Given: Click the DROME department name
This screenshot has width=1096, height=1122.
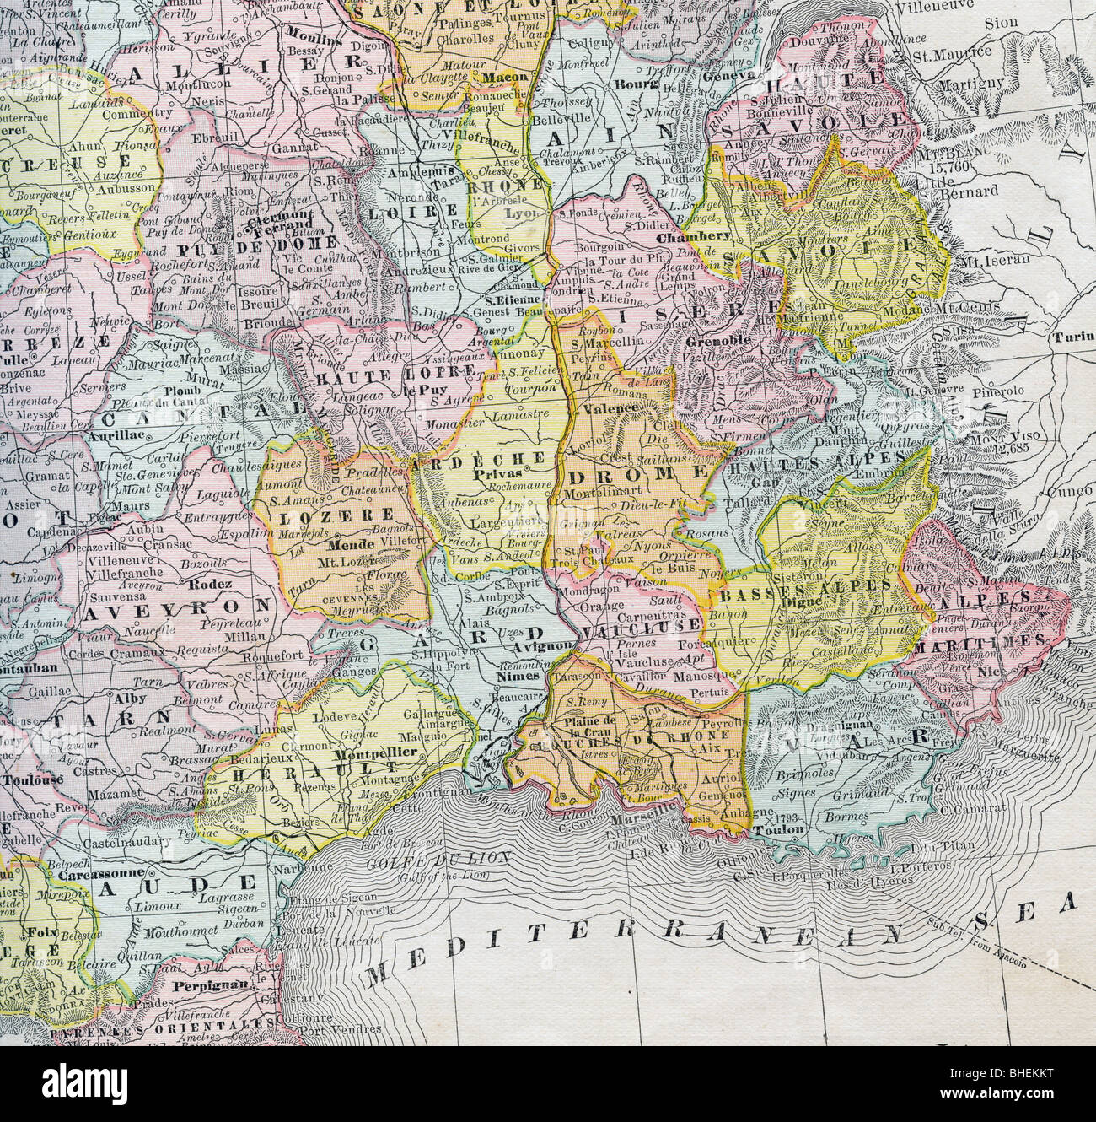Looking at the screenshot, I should coord(644,475).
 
